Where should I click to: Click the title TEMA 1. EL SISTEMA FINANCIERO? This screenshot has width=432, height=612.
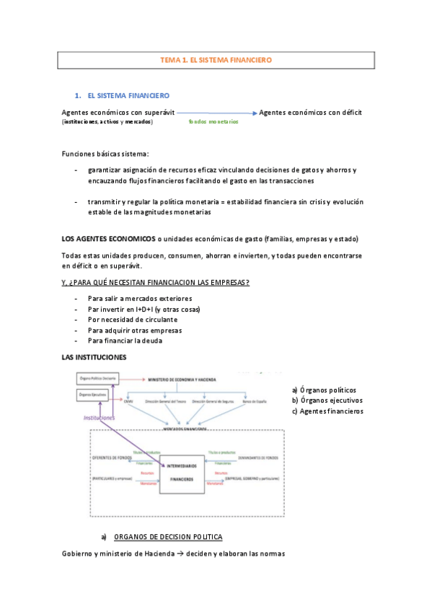click(x=216, y=61)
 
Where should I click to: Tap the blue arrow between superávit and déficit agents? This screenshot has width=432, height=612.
click(x=216, y=113)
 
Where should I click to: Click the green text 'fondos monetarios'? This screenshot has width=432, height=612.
click(x=213, y=122)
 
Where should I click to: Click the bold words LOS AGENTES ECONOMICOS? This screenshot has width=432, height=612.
click(x=108, y=239)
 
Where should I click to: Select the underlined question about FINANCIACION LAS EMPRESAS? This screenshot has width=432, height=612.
click(x=156, y=281)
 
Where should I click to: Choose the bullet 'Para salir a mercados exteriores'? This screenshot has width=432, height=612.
click(x=140, y=298)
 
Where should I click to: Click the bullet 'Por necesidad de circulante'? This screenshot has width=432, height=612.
click(x=132, y=320)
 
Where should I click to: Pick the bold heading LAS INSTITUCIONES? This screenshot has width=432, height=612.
click(x=94, y=357)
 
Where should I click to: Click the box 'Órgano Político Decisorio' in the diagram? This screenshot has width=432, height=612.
click(x=97, y=378)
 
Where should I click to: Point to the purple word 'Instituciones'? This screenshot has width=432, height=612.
click(x=100, y=417)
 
